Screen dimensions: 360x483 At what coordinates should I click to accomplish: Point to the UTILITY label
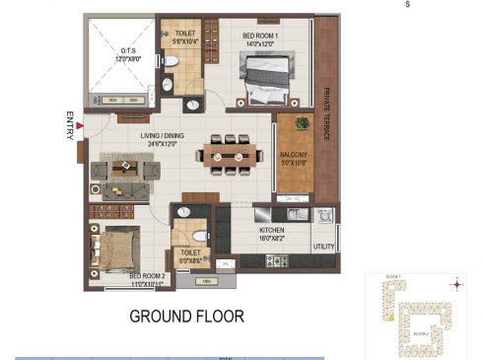324,247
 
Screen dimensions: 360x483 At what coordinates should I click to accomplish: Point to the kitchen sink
295,215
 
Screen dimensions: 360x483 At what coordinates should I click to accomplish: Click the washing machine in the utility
325,215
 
